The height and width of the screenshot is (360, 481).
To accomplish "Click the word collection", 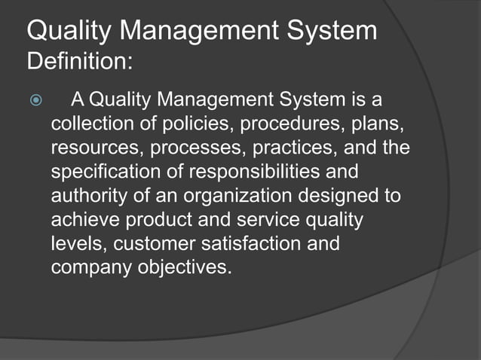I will point(87,123).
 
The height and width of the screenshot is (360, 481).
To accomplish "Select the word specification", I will point(100,171).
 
